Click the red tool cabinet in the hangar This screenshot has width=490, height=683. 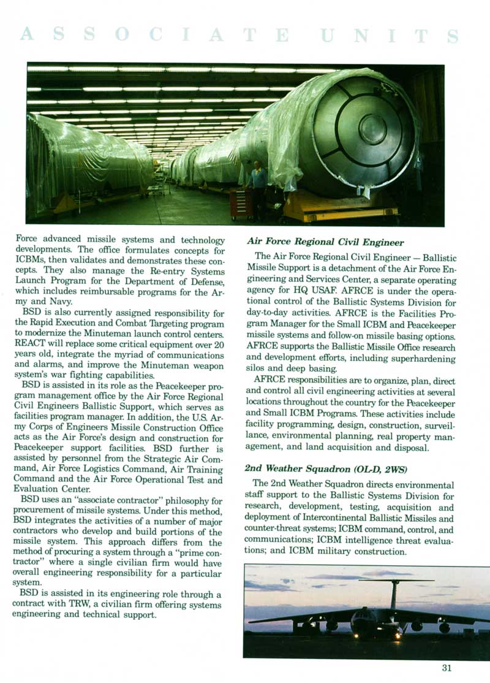click(x=241, y=204)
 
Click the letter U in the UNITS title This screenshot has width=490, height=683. click(x=329, y=35)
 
